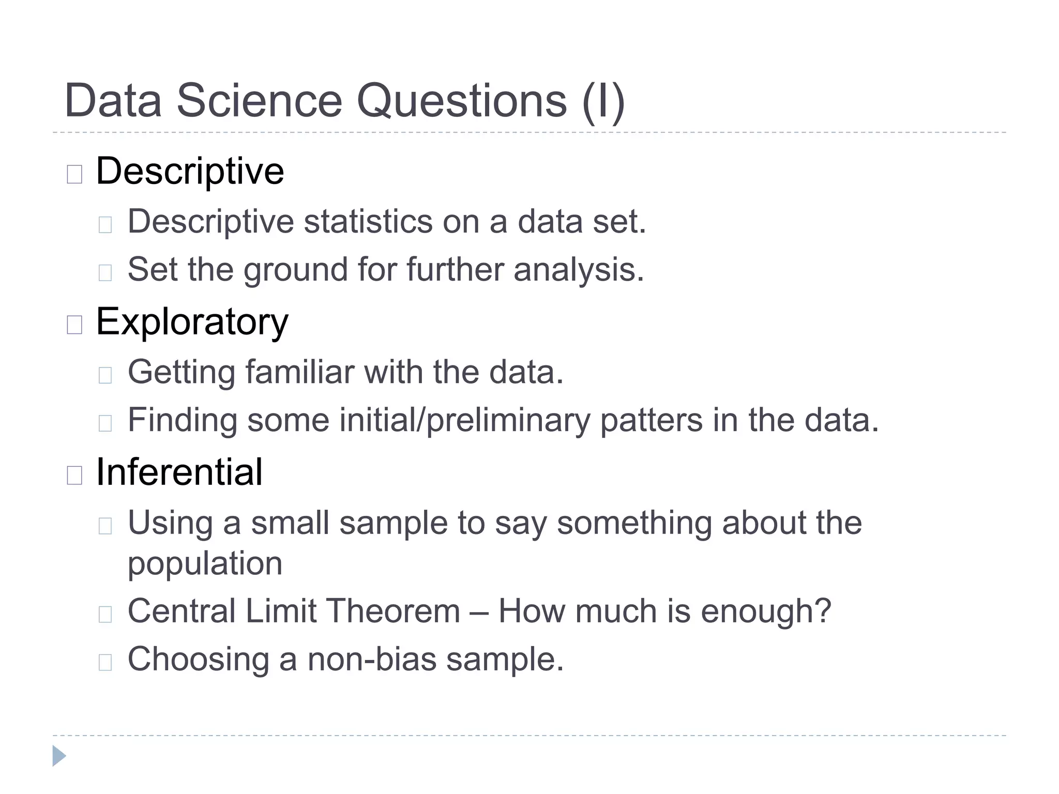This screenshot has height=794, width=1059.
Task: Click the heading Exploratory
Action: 192,322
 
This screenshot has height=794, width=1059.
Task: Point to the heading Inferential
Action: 179,472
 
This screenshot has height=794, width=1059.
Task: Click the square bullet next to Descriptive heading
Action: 74,174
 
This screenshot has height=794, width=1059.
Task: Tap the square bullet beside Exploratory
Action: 74,325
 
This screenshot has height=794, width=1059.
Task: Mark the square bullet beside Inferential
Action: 74,475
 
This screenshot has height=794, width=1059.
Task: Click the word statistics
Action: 368,222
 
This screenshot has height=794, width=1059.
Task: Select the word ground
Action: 295,270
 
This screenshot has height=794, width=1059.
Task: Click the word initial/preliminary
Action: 464,420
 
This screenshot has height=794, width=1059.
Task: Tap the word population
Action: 205,563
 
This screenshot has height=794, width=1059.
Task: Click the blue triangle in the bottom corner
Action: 59,756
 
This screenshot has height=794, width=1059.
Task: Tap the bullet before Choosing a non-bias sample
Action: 105,662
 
